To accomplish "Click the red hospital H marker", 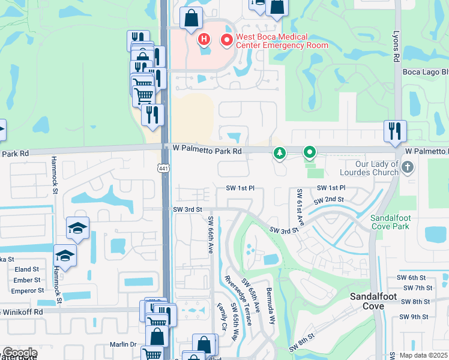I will tap(204, 40).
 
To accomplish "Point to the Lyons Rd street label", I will tap(396, 48).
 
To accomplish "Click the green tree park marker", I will tap(279, 154).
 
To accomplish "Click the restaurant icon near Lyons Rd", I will tap(395, 131).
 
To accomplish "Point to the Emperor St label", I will tap(20, 291).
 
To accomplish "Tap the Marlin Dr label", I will tap(123, 344).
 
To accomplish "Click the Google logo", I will tap(19, 353).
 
